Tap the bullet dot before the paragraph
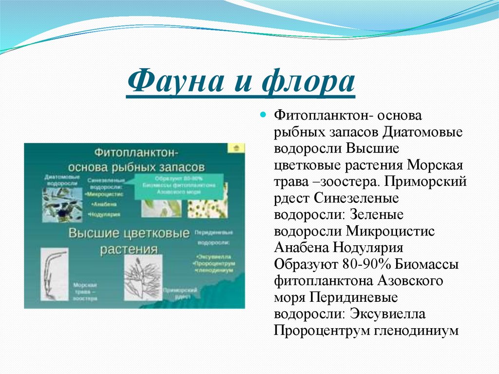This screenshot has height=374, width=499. click(x=263, y=116)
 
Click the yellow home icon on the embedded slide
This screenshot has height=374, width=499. click(x=236, y=147)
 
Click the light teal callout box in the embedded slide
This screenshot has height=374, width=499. click(x=180, y=185)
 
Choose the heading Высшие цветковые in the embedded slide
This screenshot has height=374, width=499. click(x=129, y=234)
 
